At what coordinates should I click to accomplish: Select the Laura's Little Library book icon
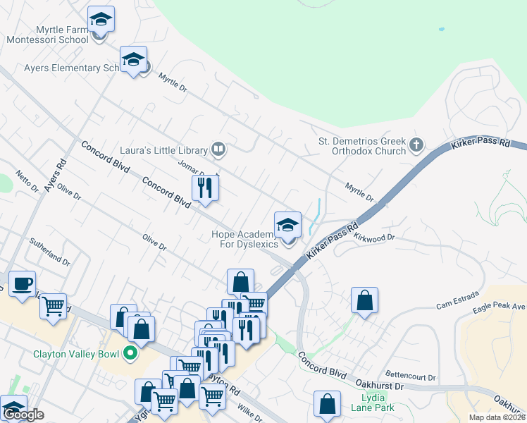[218, 149]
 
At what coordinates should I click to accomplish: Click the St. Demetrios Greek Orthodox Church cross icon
[416, 145]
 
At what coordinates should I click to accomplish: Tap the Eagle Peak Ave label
[500, 307]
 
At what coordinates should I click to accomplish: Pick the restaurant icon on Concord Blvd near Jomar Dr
[205, 188]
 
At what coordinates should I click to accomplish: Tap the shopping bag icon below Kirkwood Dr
[364, 300]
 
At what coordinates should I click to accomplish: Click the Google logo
[23, 415]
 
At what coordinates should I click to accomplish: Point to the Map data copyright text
[497, 417]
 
